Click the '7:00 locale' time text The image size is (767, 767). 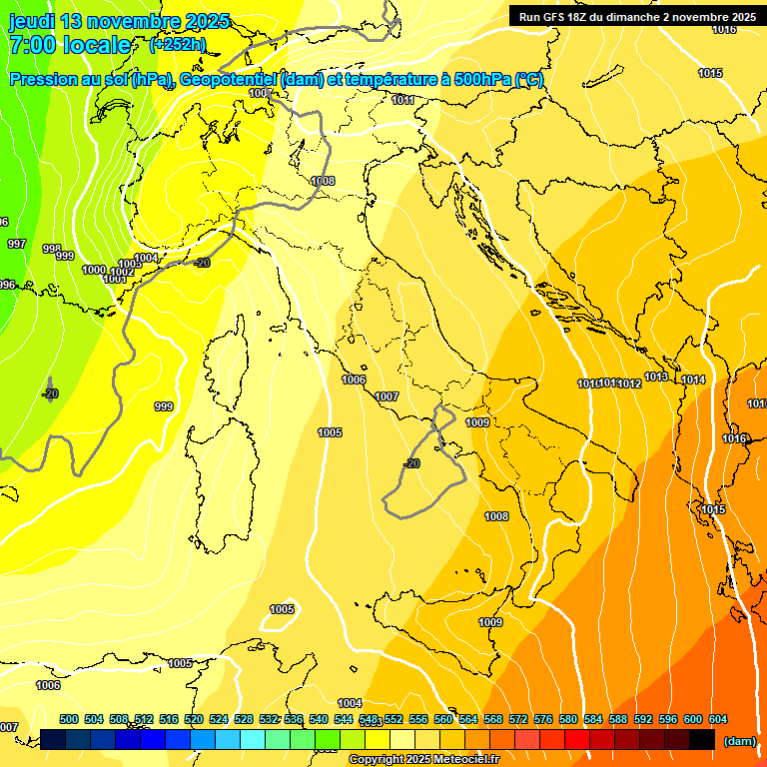(x=70, y=45)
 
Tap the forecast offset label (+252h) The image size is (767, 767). (x=177, y=45)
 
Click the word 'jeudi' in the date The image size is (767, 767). (x=33, y=21)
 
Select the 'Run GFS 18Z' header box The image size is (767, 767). (x=635, y=17)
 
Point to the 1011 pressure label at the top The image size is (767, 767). (x=403, y=100)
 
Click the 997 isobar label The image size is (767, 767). (x=17, y=244)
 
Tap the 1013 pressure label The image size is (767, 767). (x=656, y=377)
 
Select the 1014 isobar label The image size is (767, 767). (x=693, y=380)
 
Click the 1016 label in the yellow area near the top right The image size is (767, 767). (x=724, y=29)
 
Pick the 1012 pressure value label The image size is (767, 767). (x=629, y=383)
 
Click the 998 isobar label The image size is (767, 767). (x=52, y=249)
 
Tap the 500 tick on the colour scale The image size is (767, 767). (x=69, y=719)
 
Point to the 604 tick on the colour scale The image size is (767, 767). (x=717, y=719)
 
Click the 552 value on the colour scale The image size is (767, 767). (x=393, y=719)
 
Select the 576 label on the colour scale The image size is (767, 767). (x=543, y=719)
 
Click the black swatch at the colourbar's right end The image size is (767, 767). (x=702, y=739)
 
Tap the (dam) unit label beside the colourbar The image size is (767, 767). (x=739, y=740)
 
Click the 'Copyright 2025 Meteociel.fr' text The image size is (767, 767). (x=423, y=760)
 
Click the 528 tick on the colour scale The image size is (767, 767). (x=244, y=719)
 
